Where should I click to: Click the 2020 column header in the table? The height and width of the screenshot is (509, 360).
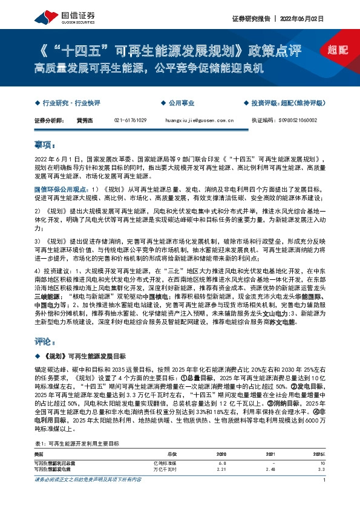pyautogui.click(x=221, y=453)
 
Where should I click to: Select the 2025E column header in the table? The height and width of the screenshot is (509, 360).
pyautogui.click(x=319, y=453)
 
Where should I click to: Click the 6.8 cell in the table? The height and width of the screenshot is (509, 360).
pyautogui.click(x=222, y=461)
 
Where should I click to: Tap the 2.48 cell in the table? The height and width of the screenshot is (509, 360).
pyautogui.click(x=271, y=468)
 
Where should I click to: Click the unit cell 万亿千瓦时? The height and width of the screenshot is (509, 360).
pyautogui.click(x=165, y=468)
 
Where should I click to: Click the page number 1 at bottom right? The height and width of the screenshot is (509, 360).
pyautogui.click(x=325, y=497)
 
